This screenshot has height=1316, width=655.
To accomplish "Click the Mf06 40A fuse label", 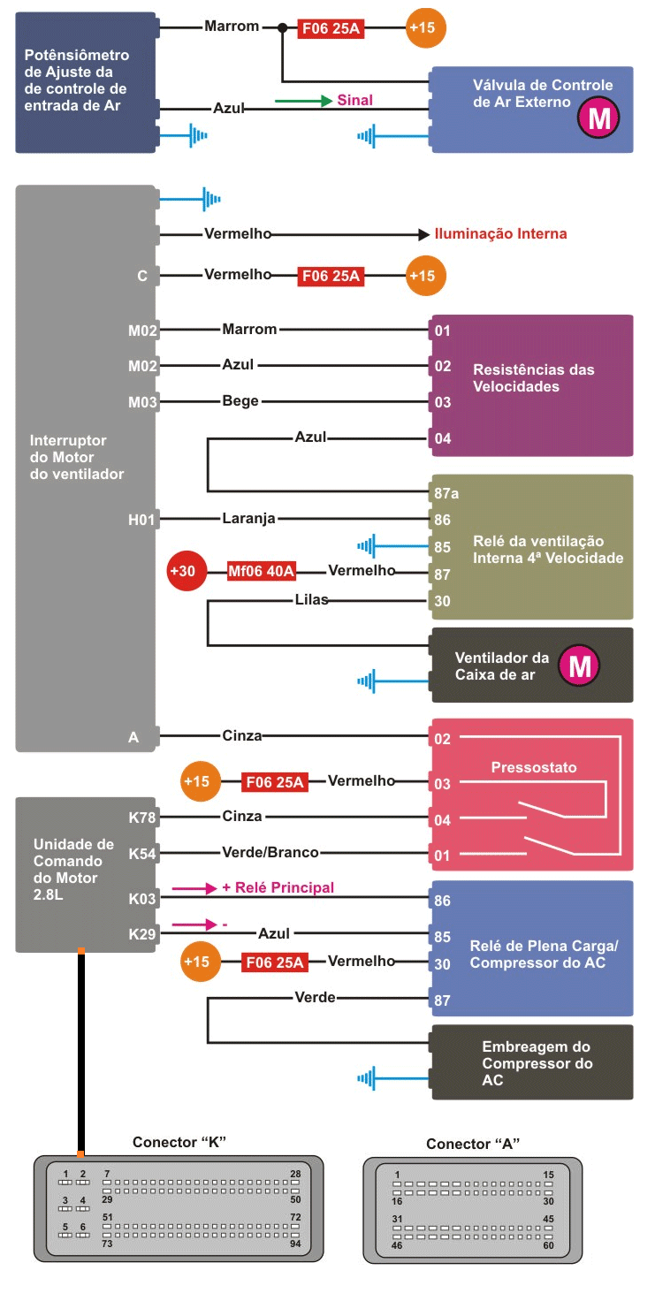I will pos(261,571).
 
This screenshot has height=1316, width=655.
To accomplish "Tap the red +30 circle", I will pos(182,571).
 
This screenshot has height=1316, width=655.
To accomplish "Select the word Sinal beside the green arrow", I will pos(354,101).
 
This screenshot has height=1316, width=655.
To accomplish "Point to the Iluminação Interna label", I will pos(500,234).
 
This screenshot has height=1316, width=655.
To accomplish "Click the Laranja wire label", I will pos(248,519).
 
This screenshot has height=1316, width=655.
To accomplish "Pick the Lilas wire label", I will pos(312,600).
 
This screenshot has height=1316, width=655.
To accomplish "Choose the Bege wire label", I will pos(240,401).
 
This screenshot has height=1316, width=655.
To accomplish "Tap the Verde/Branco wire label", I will pos(270,853).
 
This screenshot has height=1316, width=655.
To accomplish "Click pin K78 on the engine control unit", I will pos(142,818).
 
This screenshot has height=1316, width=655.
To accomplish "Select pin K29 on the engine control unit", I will pos(142,934).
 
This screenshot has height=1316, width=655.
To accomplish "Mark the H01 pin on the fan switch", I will pos(142,520).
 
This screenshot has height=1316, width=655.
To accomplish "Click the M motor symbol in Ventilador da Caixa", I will pos(580,666).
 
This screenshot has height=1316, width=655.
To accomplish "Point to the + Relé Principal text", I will pos(278,887).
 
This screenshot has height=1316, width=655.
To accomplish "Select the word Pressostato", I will pos(534,767).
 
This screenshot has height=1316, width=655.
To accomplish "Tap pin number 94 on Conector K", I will pos(295,1244).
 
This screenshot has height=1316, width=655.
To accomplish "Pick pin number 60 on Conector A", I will pos(548,1245).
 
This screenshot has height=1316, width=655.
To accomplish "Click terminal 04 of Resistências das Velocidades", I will pos(443,438).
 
